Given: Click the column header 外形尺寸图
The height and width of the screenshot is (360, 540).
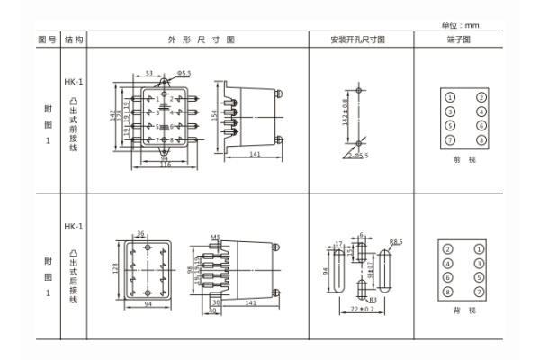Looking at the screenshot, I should point(200,41).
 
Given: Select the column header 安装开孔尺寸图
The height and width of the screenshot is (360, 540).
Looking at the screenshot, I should point(359,41).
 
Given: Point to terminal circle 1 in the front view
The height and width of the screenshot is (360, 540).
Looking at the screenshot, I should point(449,97).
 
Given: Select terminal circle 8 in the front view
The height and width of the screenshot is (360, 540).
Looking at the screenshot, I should point(481,140).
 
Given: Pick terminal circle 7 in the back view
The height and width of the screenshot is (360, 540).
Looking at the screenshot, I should point(481,292).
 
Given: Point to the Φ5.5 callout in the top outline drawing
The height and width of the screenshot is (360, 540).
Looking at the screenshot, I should point(183,72).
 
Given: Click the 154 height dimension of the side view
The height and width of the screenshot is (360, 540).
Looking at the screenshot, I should point(215,117).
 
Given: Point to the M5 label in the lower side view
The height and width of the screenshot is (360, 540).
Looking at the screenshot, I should point(215,237).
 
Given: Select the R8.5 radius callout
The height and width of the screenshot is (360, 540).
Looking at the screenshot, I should point(395,241).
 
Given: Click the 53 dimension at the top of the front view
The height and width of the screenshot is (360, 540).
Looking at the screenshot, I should point(148,72).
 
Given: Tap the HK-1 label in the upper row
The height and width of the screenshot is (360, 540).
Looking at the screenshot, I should point(74,82).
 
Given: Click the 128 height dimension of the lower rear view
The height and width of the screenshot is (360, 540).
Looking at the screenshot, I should point(116,268).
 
